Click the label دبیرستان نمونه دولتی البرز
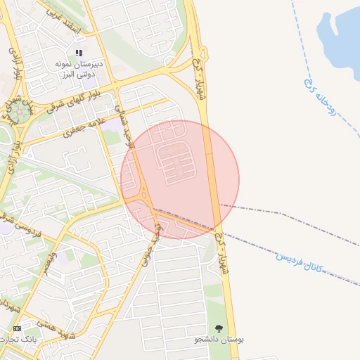click(79, 68)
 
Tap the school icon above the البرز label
click(79, 53)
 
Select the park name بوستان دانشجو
click(219, 340)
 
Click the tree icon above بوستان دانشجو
click(219, 328)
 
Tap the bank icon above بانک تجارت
click(17, 328)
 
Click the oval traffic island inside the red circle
click(144, 193)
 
